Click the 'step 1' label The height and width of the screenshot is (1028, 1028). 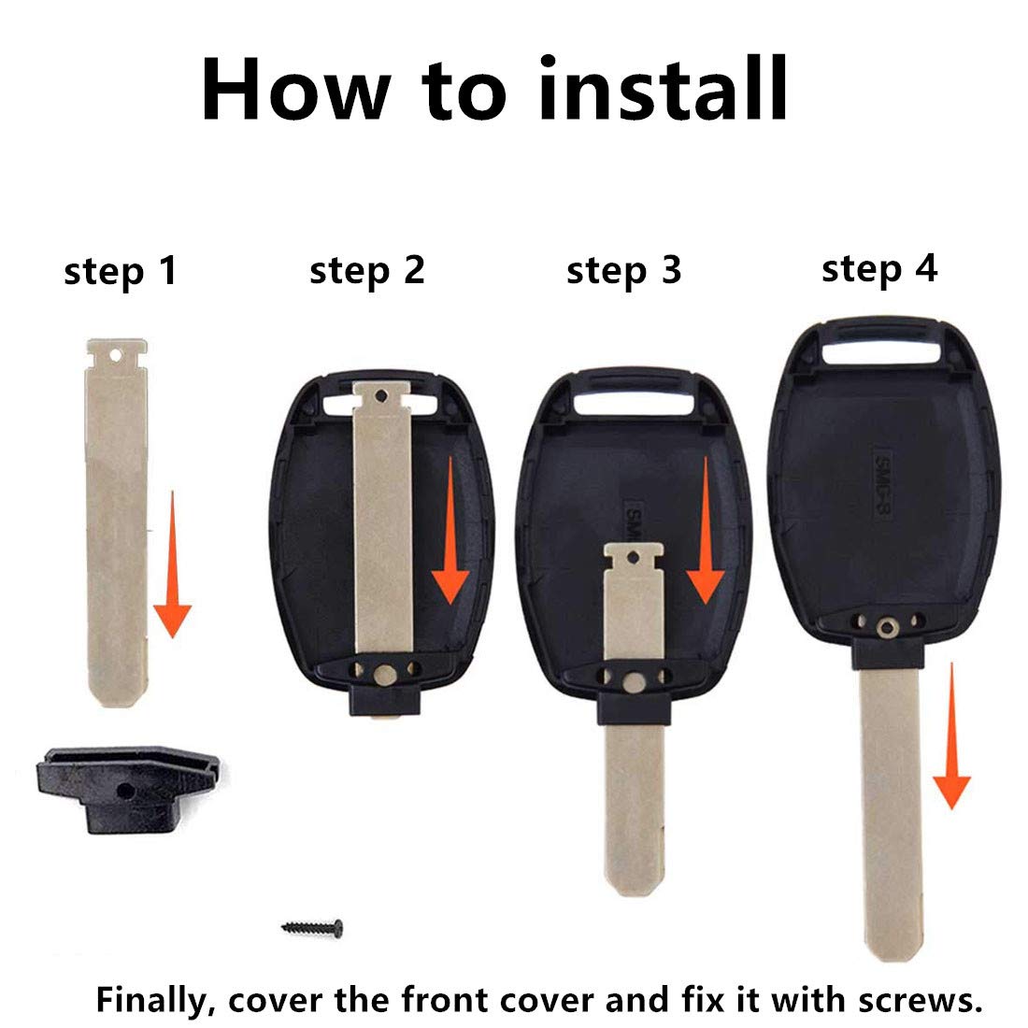120,272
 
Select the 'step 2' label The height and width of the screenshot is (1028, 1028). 366,270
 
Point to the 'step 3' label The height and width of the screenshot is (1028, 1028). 623,270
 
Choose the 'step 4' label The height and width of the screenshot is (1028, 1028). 878,268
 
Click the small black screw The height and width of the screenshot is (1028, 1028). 312,927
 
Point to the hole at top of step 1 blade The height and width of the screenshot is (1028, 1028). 116,355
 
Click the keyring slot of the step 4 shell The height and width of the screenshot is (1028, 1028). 881,354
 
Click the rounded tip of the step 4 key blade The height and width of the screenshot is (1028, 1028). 892,949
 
